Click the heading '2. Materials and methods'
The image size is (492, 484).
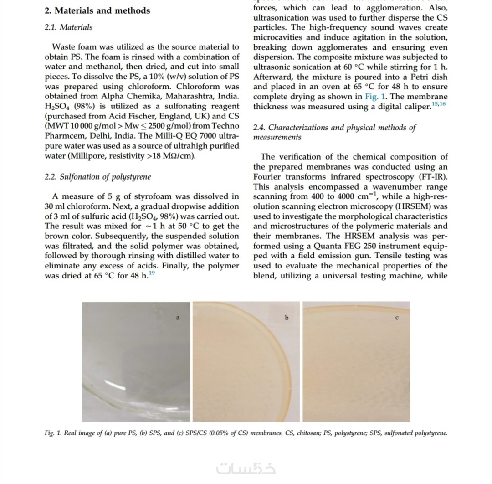(x=97, y=10)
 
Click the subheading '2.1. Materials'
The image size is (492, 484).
(x=68, y=27)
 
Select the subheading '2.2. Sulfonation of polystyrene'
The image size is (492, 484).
(x=97, y=176)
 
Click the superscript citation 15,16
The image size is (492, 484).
(x=439, y=104)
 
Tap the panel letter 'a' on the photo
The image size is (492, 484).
(x=178, y=318)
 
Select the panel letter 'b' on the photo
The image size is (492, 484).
(x=287, y=318)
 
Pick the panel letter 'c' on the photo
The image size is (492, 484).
(x=397, y=318)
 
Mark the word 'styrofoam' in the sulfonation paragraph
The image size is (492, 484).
(x=159, y=196)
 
